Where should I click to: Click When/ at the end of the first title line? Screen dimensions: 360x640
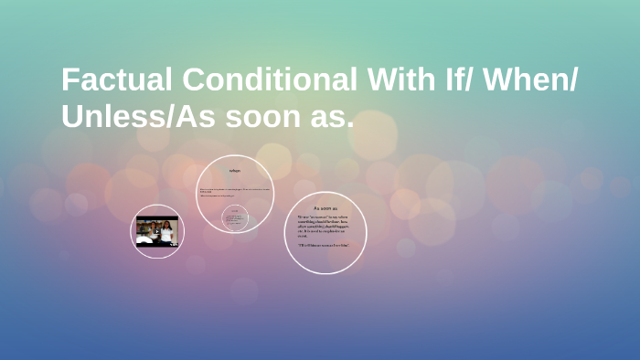point(534,80)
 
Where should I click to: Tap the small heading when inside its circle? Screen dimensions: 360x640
point(235,171)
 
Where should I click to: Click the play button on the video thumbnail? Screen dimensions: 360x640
point(157,231)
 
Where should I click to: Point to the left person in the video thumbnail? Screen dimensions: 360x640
point(146,229)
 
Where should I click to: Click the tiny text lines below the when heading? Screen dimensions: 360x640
point(233,192)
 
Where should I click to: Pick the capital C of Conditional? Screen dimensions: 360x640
point(194,80)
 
